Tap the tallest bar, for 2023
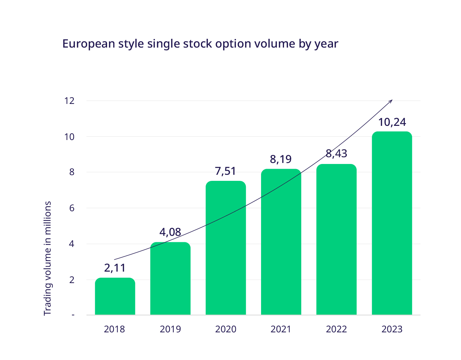tap(392, 223)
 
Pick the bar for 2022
tap(336, 239)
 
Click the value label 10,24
tap(392, 122)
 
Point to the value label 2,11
tap(115, 268)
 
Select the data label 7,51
tap(226, 171)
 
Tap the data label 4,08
tap(170, 232)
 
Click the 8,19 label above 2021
tap(281, 159)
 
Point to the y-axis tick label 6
tap(72, 208)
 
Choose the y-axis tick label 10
tap(70, 137)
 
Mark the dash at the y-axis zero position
tap(72, 315)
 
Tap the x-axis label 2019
tap(170, 329)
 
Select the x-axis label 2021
tap(281, 329)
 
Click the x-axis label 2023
tap(392, 329)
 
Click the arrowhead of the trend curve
tap(391, 101)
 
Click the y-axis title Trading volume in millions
tap(48, 258)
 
